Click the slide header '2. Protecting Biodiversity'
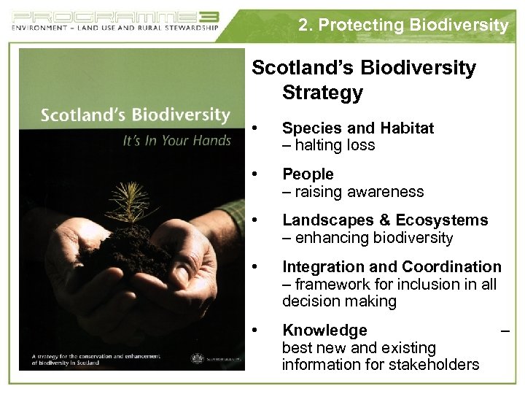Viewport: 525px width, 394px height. point(403,25)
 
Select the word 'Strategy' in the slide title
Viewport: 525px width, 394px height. point(322,93)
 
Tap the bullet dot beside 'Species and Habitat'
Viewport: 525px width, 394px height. point(254,128)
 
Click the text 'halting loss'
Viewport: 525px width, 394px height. point(335,145)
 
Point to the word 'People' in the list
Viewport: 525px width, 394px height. point(308,174)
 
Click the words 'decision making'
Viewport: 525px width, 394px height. point(339,301)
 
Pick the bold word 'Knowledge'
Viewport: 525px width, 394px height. point(324,331)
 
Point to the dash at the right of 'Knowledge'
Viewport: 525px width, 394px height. point(504,331)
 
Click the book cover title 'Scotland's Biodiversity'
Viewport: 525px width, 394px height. point(135,115)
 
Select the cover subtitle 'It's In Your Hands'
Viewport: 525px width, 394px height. point(176,140)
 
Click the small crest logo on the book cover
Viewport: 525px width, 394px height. point(195,358)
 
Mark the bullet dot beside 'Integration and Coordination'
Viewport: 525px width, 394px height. point(254,268)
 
